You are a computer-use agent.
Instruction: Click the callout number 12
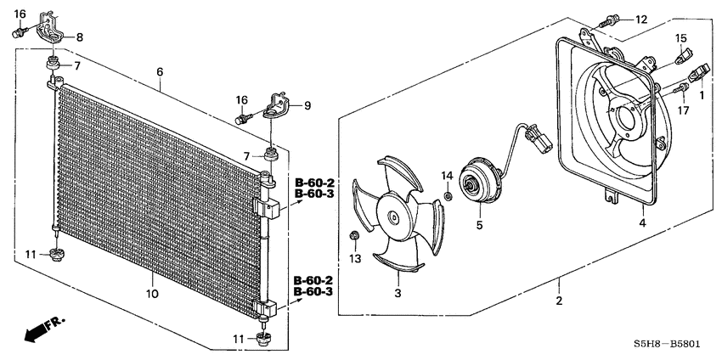click(x=640, y=19)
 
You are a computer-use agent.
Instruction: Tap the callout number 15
click(x=680, y=38)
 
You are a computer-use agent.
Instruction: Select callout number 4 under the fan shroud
click(x=642, y=223)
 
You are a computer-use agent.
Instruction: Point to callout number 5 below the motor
click(x=479, y=225)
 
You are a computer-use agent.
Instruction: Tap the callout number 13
click(x=356, y=257)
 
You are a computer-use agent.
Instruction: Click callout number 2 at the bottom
click(x=559, y=301)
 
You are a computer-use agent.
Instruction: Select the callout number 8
click(x=80, y=37)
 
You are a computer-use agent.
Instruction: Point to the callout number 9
click(x=307, y=105)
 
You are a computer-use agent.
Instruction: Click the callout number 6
click(x=159, y=72)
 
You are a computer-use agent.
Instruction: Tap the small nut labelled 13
click(x=356, y=235)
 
